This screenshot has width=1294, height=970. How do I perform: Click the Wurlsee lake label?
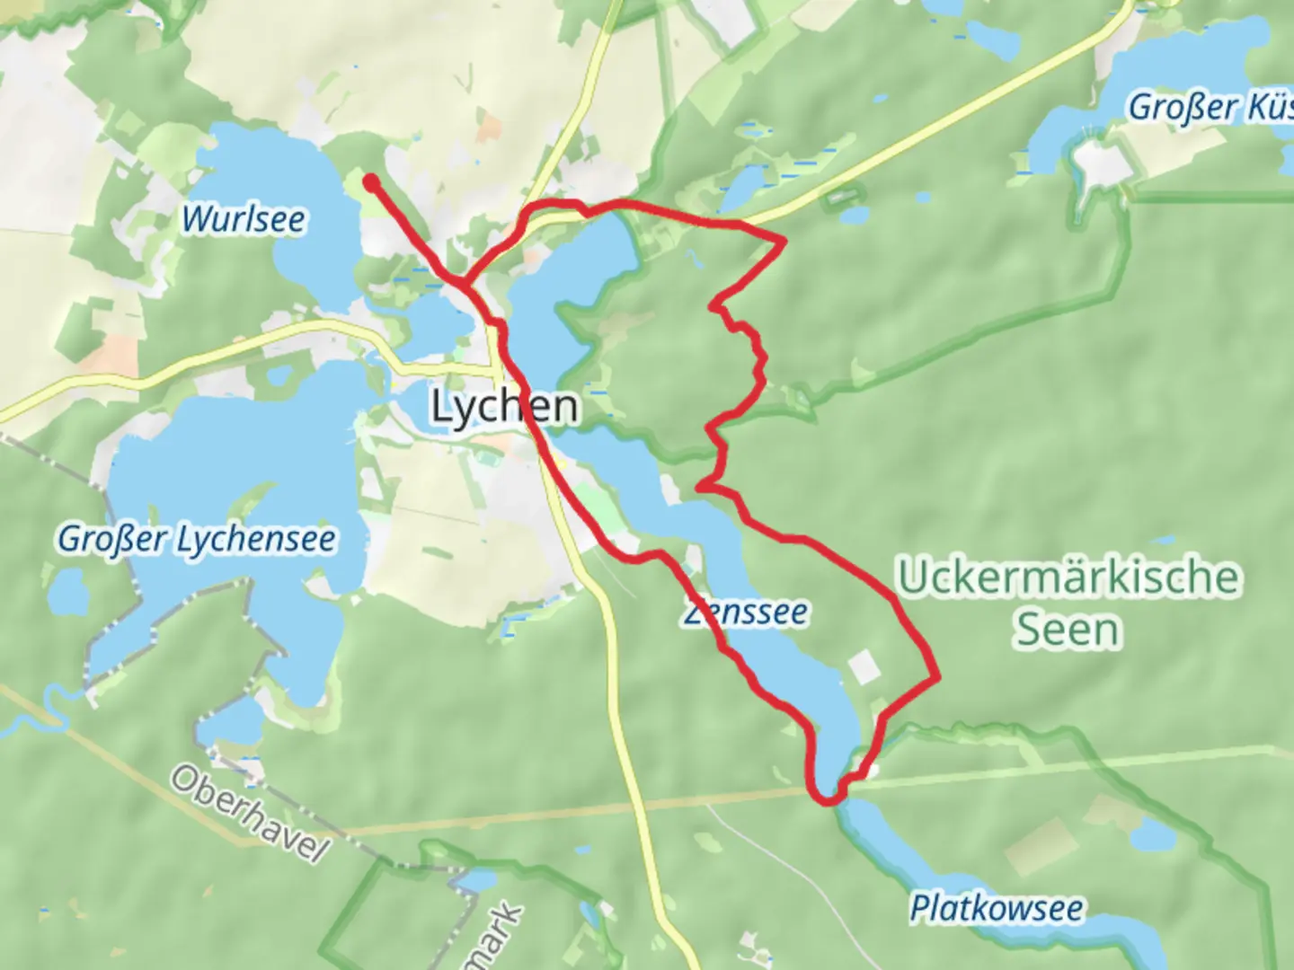(243, 219)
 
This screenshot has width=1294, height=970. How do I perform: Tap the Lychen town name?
(504, 407)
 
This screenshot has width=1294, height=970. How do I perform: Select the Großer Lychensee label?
(197, 539)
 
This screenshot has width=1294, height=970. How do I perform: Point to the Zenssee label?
(745, 613)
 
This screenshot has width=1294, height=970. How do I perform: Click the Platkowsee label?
(996, 908)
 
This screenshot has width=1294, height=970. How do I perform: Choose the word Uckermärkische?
(1068, 577)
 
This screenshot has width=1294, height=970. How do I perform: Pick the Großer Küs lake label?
(1209, 107)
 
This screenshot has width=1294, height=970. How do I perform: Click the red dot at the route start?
(370, 182)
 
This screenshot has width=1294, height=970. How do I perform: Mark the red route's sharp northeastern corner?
(784, 240)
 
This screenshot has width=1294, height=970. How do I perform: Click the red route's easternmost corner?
(936, 675)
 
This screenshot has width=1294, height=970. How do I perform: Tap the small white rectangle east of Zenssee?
(864, 666)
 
